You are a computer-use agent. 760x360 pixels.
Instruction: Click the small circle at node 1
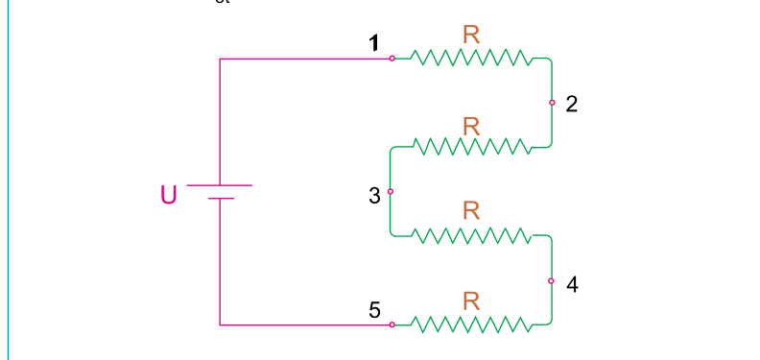coord(392,59)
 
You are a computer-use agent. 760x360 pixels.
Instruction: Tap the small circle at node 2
coord(552,103)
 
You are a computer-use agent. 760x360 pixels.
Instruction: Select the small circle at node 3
coord(391,192)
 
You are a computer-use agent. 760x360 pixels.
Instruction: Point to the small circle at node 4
coord(551,281)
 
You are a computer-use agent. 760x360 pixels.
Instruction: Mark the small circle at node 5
coord(392,324)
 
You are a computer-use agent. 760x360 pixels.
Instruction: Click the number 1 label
coord(373,43)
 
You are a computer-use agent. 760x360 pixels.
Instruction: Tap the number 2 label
coord(572,105)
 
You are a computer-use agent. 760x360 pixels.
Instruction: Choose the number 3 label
coord(374,196)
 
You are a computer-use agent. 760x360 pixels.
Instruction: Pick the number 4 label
coord(573,285)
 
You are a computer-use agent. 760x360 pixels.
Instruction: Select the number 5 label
coord(374,310)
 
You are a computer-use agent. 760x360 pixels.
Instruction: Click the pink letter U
coord(168,195)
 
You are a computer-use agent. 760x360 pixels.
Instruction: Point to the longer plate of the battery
coord(219,185)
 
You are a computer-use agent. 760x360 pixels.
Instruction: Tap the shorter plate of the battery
coord(221,199)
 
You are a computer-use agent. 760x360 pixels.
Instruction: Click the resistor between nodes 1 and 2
coord(471,58)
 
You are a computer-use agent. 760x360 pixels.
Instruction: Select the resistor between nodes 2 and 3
coord(471,147)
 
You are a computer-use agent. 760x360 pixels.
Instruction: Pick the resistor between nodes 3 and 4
coord(471,235)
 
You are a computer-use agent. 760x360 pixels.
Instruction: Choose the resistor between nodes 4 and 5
coord(471,324)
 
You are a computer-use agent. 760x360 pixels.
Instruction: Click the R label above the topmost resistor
coord(471,35)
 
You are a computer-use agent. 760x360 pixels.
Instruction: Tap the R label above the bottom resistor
coord(471,301)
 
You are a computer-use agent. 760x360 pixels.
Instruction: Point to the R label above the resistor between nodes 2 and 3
coord(471,127)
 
